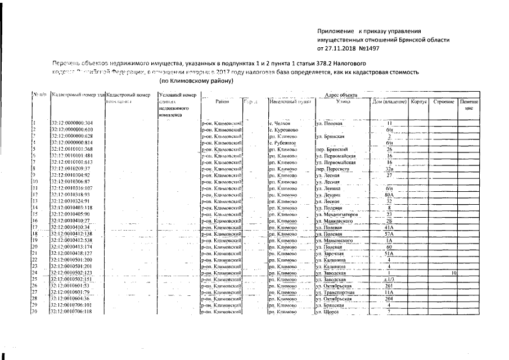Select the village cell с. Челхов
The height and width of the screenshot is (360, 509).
(x=279, y=123)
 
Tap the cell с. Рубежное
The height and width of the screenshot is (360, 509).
(x=282, y=143)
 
